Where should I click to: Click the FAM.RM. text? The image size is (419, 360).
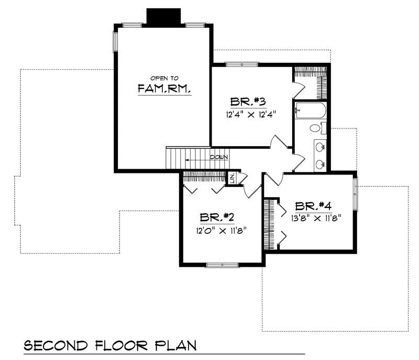(x=164, y=89)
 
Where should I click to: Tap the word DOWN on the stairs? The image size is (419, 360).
(x=219, y=157)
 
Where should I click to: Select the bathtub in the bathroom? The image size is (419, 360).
(x=310, y=111)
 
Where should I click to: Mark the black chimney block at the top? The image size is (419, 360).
(x=163, y=16)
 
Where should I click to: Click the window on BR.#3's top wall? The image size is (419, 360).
(x=242, y=64)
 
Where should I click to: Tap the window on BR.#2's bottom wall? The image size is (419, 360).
(x=222, y=265)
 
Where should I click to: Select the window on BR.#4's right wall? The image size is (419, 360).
(x=355, y=193)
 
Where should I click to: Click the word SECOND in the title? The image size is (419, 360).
(x=57, y=346)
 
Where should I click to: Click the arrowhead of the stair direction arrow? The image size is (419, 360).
(x=186, y=157)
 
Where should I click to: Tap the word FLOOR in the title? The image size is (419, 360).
(x=122, y=346)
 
